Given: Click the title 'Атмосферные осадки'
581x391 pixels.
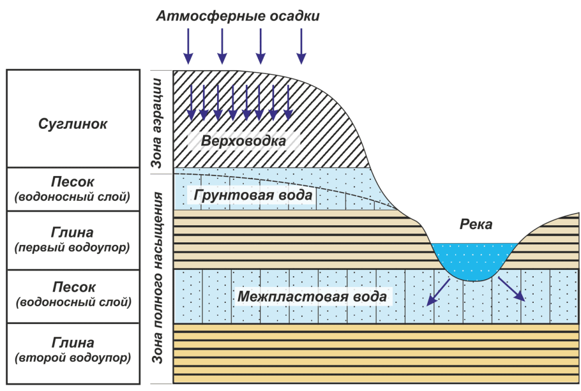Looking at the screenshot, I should pos(238,16).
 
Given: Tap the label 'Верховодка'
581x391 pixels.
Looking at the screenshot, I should pos(243,140).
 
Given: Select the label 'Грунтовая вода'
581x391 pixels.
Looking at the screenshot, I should pos(250,195).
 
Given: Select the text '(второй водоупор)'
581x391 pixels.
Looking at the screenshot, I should pos(72,357).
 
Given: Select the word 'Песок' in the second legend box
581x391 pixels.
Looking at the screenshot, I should pos(72,182).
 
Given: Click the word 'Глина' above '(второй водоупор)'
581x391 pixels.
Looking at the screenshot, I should pos(72,343).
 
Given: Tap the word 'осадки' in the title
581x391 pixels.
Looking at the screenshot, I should pos(290,16).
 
